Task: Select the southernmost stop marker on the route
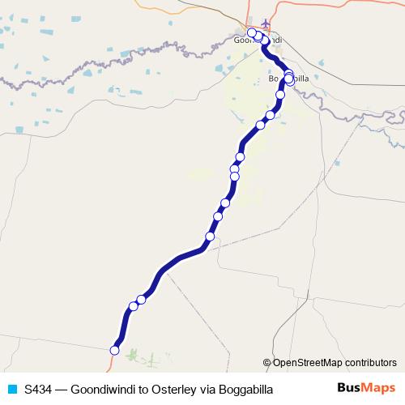coord(115,351)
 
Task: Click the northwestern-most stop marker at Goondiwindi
coord(252,32)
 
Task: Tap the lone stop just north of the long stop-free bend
coord(210,237)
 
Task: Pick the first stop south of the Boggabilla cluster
coord(281,95)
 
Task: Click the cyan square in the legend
coord(11,389)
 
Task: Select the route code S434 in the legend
coord(40,389)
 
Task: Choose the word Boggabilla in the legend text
coord(245,389)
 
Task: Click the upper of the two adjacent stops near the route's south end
coord(141,300)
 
